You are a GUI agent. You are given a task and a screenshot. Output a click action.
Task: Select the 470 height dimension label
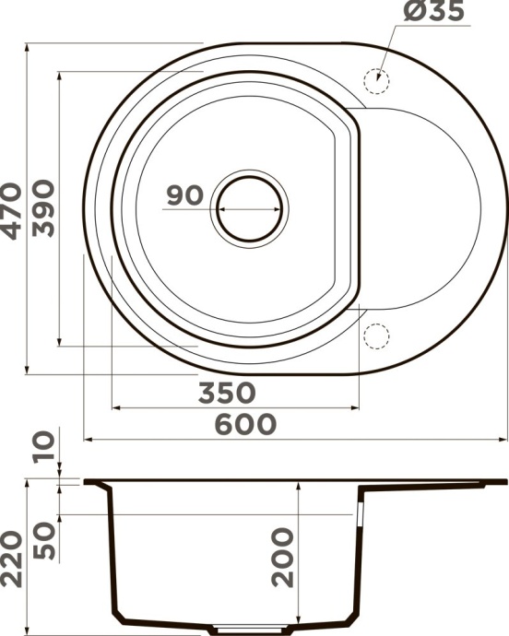pyautogui.click(x=12, y=211)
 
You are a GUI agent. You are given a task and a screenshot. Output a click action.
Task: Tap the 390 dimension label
pyautogui.click(x=44, y=210)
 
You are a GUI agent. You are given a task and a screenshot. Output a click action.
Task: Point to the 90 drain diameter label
pyautogui.click(x=185, y=196)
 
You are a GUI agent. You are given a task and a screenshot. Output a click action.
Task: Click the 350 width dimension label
pyautogui.click(x=227, y=393)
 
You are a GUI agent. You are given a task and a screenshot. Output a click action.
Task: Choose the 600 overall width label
pyautogui.click(x=244, y=425)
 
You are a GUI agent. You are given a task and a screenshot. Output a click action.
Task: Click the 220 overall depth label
pyautogui.click(x=12, y=559)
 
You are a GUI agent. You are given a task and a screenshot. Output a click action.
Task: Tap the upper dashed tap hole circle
pyautogui.click(x=376, y=79)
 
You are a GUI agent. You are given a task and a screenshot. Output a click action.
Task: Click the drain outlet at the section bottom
pyautogui.click(x=237, y=630)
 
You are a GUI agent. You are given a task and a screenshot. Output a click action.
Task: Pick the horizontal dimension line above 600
pyautogui.click(x=295, y=441)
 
